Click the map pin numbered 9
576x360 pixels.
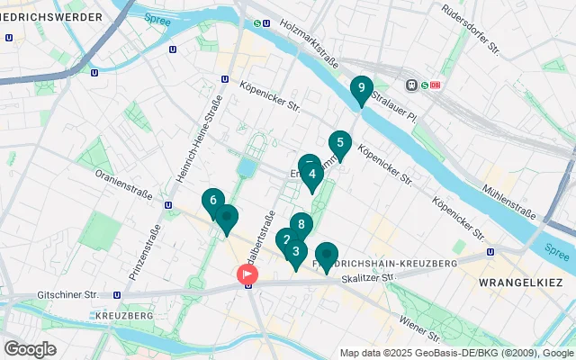tap(361, 88)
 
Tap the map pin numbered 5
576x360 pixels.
tap(339, 143)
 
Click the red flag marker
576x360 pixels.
tap(246, 274)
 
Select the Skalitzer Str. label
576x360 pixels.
tap(368, 278)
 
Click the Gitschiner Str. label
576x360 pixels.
tap(67, 294)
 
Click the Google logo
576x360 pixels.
tap(30, 348)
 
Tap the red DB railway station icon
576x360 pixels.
tap(437, 85)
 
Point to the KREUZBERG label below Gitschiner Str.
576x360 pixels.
tap(123, 317)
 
